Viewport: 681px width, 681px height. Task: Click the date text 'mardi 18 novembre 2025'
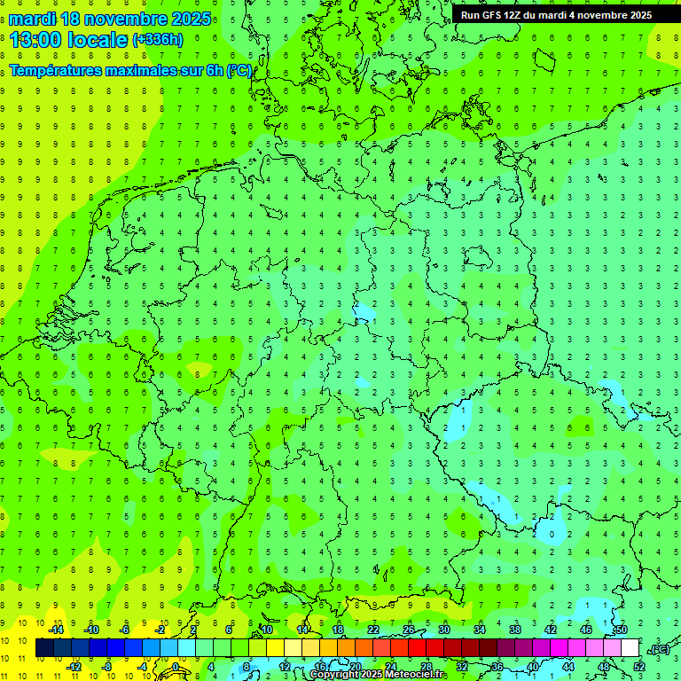tap(110, 19)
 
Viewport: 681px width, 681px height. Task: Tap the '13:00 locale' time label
tap(69, 40)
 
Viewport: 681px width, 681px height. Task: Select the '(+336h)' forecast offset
tap(158, 40)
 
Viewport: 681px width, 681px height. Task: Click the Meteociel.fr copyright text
tap(378, 675)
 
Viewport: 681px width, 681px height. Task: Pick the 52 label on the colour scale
tap(639, 667)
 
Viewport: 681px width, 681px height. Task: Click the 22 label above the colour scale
tap(373, 630)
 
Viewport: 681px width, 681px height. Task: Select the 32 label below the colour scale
tap(462, 667)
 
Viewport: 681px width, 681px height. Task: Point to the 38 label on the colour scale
tap(515, 630)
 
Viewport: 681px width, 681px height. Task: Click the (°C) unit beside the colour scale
tap(659, 648)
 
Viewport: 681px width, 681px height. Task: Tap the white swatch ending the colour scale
tap(630, 648)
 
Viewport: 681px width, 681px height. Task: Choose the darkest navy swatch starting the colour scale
tap(44, 648)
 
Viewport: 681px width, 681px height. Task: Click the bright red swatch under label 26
tap(417, 648)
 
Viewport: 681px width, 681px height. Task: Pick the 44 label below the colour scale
tap(568, 667)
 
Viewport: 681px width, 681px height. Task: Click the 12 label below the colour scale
tap(285, 667)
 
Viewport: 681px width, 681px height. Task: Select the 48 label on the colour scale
tap(604, 667)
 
